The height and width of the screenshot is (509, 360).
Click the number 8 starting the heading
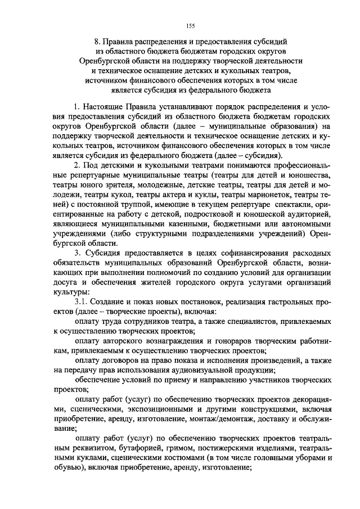click(x=97, y=41)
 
